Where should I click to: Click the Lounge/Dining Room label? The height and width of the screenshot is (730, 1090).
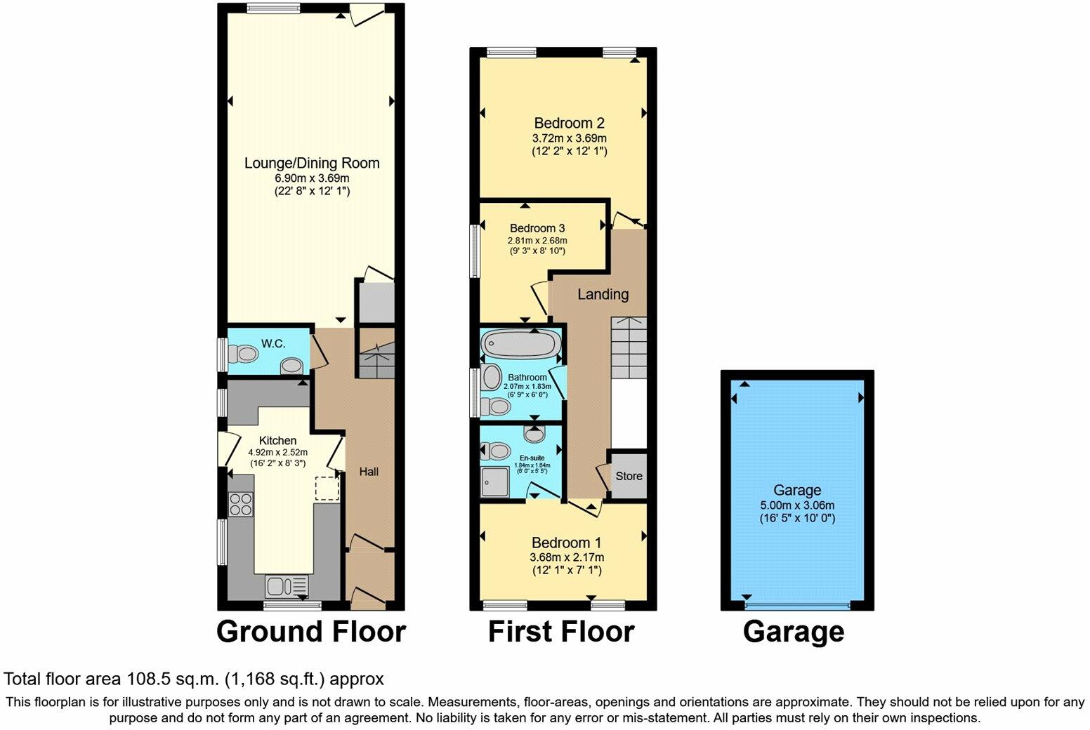click(311, 163)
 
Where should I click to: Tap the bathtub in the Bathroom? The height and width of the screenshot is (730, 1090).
click(521, 345)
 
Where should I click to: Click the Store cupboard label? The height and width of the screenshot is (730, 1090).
click(629, 476)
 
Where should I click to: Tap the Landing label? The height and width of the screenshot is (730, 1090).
click(603, 294)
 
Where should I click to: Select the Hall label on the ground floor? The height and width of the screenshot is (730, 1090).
click(369, 472)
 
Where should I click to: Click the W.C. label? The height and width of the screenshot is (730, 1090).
click(273, 343)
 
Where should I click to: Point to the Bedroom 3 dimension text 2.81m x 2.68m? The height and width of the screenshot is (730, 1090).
click(537, 240)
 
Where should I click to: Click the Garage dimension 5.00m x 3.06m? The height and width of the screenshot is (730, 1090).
click(797, 505)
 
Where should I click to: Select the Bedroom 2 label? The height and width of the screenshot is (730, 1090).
click(569, 123)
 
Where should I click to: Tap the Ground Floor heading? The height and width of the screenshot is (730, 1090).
click(310, 632)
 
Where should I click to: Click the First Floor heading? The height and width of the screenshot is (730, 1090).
click(560, 632)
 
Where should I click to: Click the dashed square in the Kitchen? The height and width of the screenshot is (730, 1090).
click(327, 489)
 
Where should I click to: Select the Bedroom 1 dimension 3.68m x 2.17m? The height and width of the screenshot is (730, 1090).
click(566, 557)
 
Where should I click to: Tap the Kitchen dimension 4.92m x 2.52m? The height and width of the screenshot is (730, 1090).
click(278, 453)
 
